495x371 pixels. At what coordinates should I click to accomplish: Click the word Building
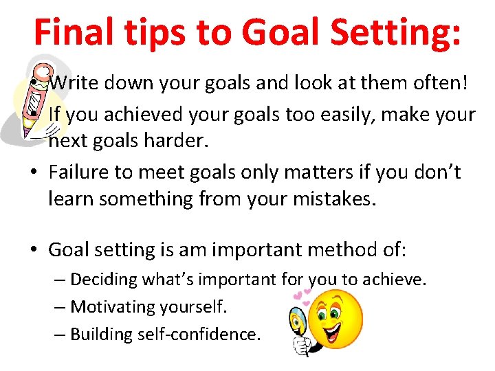pos(100,334)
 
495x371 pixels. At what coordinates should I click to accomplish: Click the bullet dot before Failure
pos(34,172)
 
